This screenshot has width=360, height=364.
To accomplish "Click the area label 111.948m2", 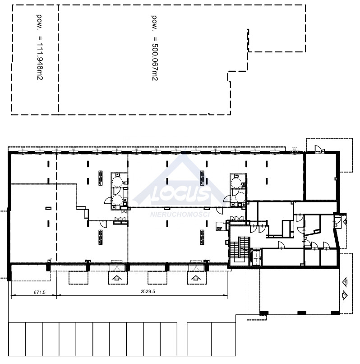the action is click(40, 61).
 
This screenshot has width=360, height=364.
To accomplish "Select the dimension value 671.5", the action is click(40, 292).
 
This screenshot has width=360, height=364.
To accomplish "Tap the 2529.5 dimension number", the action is click(148, 291).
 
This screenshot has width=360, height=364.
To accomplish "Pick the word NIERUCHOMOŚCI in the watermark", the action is click(180, 214).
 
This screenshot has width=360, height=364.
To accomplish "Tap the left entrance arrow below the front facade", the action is click(117, 278).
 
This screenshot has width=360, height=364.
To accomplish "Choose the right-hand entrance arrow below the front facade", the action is click(196, 278).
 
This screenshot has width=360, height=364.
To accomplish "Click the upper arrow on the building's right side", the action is click(345, 282).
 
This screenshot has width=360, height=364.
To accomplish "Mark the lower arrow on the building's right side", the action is click(345, 295).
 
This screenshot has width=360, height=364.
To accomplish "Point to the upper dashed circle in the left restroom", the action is click(117, 181).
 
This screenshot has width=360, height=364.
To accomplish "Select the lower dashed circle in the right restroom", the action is click(240, 198).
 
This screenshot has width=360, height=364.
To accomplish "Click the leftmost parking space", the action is click(17, 339).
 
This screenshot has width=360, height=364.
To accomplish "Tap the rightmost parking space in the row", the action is click(224, 339).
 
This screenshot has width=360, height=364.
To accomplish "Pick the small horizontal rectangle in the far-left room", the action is click(48, 208).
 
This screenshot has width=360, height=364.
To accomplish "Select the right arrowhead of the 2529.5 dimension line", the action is click(226, 295).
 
